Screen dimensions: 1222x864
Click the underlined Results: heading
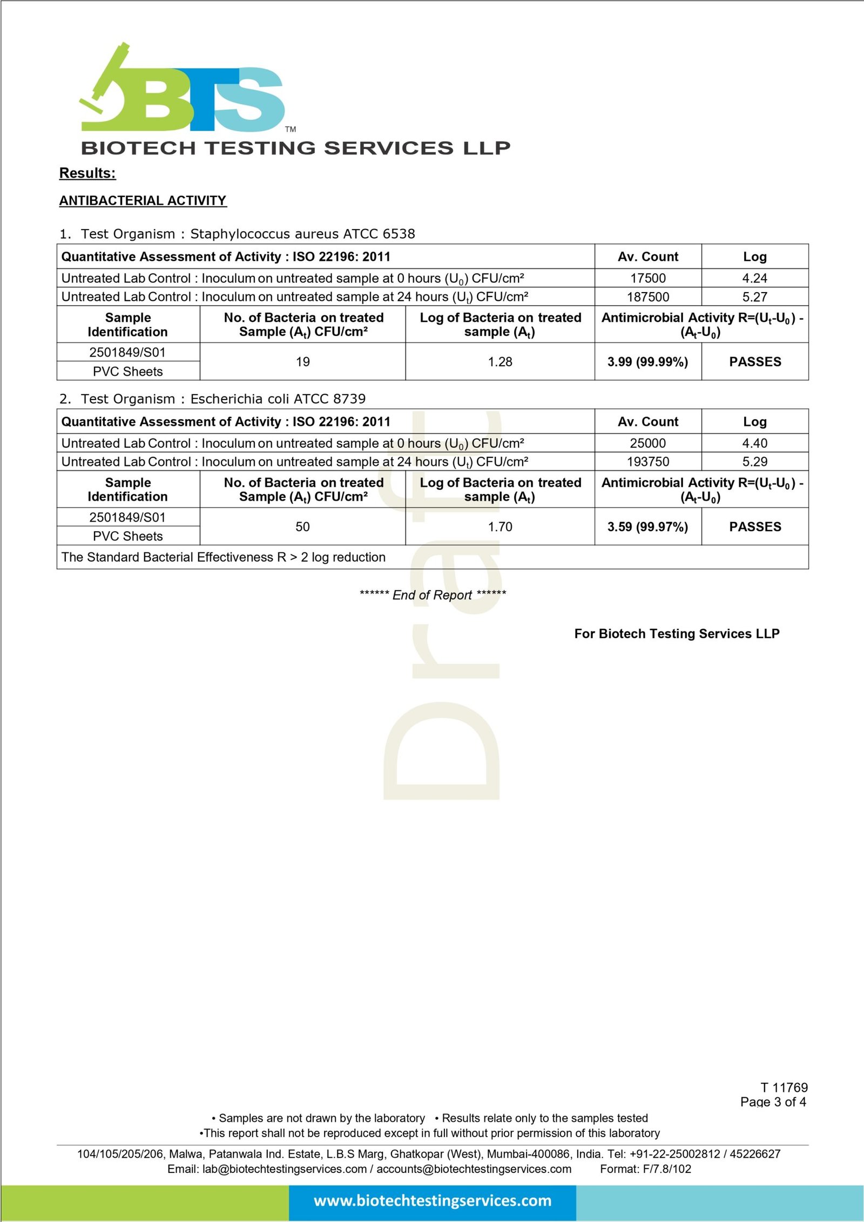87,173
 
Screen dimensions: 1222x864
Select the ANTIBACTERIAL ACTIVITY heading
143,201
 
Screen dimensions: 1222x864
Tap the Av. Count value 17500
648,278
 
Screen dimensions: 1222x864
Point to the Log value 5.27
754,297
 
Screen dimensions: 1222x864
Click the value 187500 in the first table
648,297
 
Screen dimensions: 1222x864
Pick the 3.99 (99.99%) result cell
647,362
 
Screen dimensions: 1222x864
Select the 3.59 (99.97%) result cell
647,526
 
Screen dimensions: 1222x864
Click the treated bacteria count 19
302,362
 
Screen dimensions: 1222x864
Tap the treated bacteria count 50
302,526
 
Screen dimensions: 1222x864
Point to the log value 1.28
500,362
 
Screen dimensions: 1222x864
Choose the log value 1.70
500,526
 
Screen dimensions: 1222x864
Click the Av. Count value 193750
648,462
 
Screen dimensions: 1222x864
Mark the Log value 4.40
754,443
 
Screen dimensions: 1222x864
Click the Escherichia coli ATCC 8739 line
213,399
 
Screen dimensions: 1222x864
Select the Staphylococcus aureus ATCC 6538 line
238,234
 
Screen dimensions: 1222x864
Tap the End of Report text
433,595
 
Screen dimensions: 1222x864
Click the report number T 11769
784,1087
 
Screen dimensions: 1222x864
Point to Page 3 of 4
773,1102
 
